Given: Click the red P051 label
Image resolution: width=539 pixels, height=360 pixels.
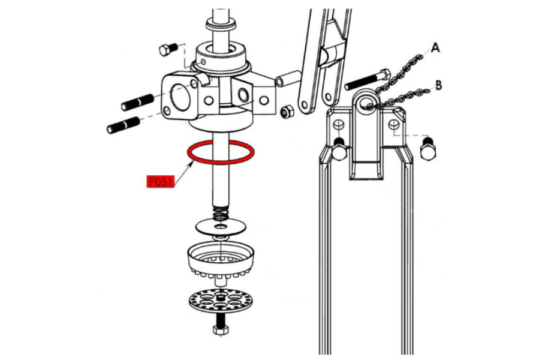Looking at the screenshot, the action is pyautogui.click(x=161, y=181).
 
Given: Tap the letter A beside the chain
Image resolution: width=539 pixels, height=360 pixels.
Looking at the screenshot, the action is pyautogui.click(x=435, y=47).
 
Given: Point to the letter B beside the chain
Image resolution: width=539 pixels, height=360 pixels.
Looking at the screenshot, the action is pyautogui.click(x=438, y=85).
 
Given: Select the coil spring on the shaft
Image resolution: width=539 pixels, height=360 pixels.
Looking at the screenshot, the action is pyautogui.click(x=221, y=214).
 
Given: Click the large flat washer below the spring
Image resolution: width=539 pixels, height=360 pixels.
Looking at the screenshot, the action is pyautogui.click(x=221, y=226).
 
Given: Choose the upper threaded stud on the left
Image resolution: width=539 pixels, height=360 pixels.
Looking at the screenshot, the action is pyautogui.click(x=137, y=102).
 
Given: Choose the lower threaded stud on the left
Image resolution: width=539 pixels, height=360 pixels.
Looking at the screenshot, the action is pyautogui.click(x=124, y=125).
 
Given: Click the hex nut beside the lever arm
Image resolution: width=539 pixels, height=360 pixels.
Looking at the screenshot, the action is pyautogui.click(x=287, y=112).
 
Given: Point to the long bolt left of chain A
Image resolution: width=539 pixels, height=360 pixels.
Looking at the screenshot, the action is pyautogui.click(x=367, y=80).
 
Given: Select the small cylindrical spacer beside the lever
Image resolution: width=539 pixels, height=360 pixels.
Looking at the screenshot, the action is pyautogui.click(x=288, y=79).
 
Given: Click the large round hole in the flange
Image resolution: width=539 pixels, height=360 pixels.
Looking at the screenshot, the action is pyautogui.click(x=180, y=97).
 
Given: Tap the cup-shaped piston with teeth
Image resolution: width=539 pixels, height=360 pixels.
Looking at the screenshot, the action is pyautogui.click(x=221, y=259).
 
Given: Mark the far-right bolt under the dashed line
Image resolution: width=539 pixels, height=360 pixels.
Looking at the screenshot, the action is pyautogui.click(x=428, y=148).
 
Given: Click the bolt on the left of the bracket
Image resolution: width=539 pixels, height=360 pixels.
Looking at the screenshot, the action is pyautogui.click(x=339, y=149).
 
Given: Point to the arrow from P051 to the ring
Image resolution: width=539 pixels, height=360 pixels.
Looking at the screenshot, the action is pyautogui.click(x=183, y=174).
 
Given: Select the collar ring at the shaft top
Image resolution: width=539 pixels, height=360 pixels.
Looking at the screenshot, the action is pyautogui.click(x=221, y=24).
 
